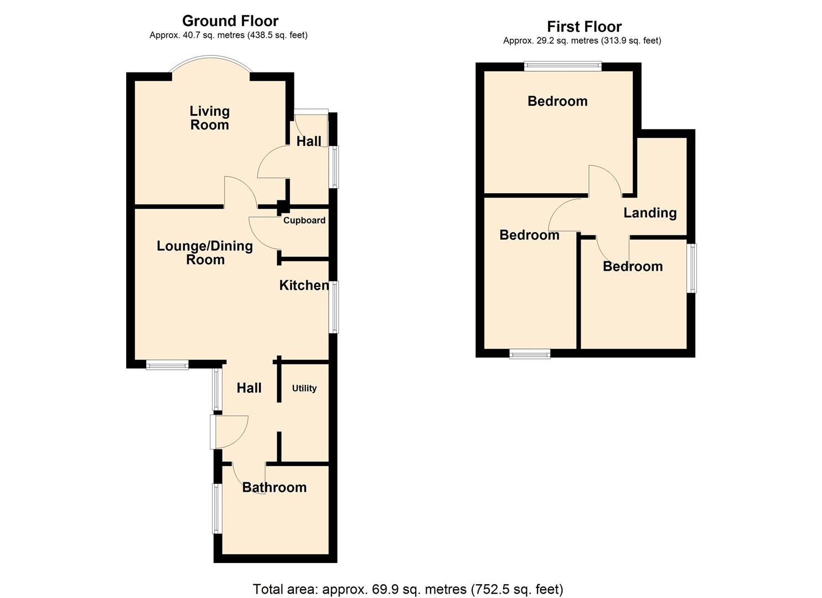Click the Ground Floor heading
[230, 21]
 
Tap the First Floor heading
[584, 27]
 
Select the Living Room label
[209, 118]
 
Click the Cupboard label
[304, 220]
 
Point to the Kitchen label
[304, 285]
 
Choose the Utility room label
[304, 388]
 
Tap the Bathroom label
[274, 487]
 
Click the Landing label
[650, 213]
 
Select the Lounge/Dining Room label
[205, 252]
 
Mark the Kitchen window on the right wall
[334, 307]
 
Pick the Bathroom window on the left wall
[217, 508]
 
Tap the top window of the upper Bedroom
[563, 66]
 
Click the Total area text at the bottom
[408, 589]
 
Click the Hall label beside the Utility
[249, 388]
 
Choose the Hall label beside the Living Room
[308, 141]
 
